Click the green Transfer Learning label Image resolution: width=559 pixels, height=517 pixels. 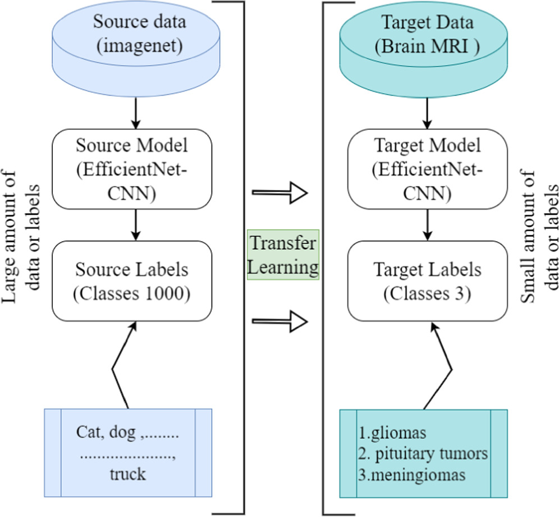283,254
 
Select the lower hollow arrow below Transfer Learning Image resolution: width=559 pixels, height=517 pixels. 280,321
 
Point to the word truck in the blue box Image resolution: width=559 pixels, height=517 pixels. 128,474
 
